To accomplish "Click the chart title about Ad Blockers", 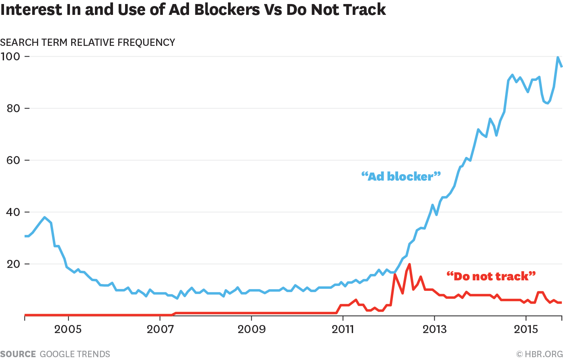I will pos(193,10).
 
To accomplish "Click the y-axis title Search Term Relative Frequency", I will pos(88,42).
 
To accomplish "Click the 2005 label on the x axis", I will pos(68,329).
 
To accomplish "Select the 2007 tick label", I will pos(160,329).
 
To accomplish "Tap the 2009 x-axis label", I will pos(251,329).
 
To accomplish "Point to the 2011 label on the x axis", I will pos(343,329).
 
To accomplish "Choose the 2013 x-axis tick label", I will pos(434,329).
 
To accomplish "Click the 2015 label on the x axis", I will pos(526,329).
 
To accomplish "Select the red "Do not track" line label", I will pos(491,276).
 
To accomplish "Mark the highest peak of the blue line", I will pos(558,57).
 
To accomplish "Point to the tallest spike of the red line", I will pos(409,264).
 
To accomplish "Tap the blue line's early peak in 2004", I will pos(44,217).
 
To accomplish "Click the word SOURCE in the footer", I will pos(18,354).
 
